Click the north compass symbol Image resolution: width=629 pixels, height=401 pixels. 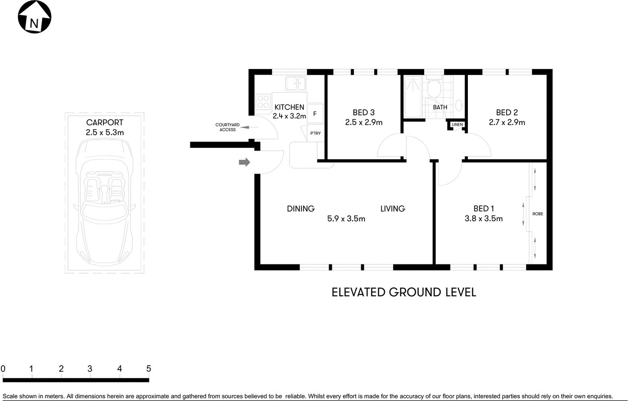click(x=34, y=17)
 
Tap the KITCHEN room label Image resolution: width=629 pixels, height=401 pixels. click(x=289, y=107)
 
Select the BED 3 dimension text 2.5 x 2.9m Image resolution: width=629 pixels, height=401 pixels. click(x=363, y=123)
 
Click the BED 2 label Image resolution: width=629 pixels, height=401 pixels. click(x=507, y=113)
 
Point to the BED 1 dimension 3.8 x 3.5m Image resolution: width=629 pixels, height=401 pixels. click(x=484, y=219)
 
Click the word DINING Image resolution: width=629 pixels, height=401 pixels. click(x=301, y=209)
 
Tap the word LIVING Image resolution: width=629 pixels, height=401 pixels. click(x=392, y=209)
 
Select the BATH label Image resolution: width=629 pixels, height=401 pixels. click(x=440, y=107)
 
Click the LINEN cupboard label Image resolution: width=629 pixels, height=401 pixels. click(x=457, y=125)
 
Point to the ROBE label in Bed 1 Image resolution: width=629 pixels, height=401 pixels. click(x=538, y=214)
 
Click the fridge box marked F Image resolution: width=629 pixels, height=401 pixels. click(x=315, y=114)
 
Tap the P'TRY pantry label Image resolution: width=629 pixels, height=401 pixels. click(x=315, y=133)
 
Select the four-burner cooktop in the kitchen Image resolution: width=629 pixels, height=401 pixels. click(x=263, y=102)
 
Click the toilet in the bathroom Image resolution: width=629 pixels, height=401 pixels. click(x=433, y=89)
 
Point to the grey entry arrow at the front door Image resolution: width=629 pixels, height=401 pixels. click(x=244, y=162)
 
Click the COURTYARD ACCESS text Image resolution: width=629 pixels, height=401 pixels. click(x=227, y=127)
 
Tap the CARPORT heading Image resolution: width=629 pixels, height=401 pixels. click(x=104, y=123)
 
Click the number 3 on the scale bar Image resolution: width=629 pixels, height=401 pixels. click(x=90, y=369)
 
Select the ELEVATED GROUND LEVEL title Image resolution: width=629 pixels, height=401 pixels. click(x=404, y=292)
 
